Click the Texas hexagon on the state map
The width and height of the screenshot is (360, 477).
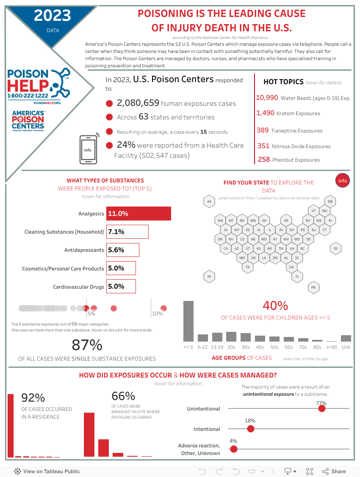[248, 267]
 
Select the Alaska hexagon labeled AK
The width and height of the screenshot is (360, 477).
[209, 201]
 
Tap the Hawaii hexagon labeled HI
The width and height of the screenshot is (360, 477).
[209, 277]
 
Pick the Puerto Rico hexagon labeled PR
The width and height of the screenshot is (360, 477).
[313, 287]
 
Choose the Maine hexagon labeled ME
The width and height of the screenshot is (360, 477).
[330, 201]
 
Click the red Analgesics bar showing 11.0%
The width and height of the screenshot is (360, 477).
[139, 214]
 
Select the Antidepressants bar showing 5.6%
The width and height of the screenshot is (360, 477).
[123, 250]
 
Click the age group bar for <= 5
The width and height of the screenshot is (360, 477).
[188, 321]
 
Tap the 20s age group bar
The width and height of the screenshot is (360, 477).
[231, 336]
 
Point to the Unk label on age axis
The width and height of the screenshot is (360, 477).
[346, 347]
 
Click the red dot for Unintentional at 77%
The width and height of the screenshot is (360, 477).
[322, 408]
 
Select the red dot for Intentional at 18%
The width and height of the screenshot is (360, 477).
[250, 429]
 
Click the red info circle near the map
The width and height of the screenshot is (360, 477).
[342, 181]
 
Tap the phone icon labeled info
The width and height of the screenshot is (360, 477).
[88, 150]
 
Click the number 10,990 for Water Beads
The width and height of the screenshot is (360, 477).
[267, 98]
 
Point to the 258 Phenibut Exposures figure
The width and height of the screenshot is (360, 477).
[264, 160]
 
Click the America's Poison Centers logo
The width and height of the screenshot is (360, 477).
[28, 120]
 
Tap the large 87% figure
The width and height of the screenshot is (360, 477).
[87, 345]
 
